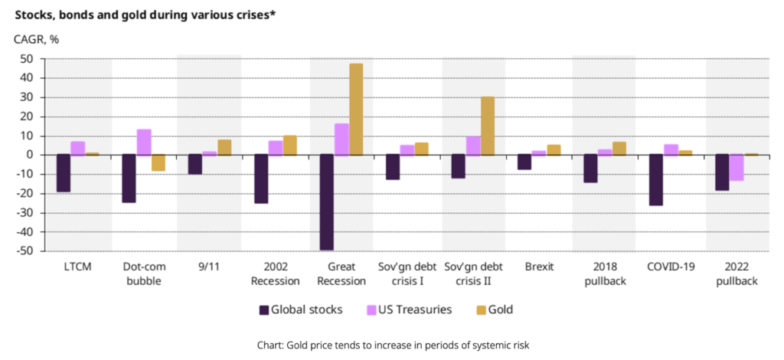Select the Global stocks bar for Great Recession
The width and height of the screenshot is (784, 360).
click(327, 202)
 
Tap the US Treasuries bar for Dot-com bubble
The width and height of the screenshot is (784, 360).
click(144, 142)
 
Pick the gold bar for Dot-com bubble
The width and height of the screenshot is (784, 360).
click(158, 162)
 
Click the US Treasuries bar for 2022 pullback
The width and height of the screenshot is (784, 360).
click(737, 168)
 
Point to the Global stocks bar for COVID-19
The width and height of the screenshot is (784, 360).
click(656, 180)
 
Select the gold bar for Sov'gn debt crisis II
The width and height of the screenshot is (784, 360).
click(488, 126)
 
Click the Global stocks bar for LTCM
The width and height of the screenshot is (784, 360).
click(63, 173)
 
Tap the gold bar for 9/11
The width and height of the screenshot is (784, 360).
click(224, 147)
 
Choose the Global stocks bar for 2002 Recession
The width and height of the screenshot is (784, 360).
click(261, 179)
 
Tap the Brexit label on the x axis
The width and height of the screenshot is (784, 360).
click(540, 267)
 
